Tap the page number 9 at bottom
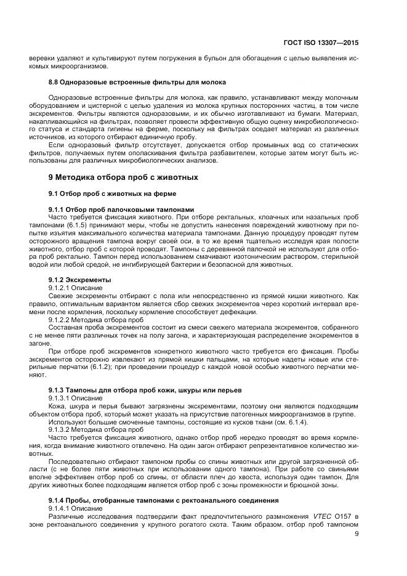tap(357, 534)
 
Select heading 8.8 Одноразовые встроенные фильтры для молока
tap(129, 82)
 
